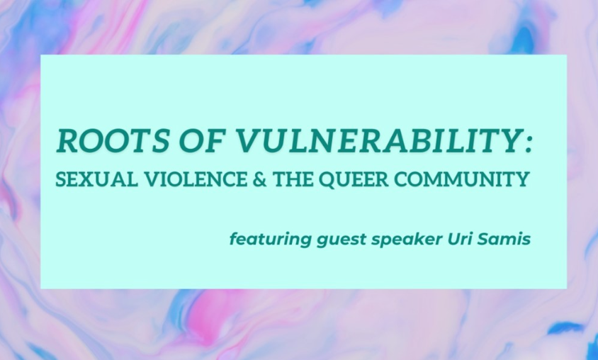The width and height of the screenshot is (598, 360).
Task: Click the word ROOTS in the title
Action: (113, 140)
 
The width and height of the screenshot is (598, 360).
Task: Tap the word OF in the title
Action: (201, 140)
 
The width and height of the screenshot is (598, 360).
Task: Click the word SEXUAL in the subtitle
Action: (97, 179)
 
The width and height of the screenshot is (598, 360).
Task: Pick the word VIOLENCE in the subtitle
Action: (196, 179)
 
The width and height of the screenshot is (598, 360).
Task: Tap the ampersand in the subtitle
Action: (260, 179)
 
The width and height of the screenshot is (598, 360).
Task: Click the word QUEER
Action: (354, 179)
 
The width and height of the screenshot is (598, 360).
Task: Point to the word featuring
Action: (271, 240)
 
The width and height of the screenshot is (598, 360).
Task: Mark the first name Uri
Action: (460, 239)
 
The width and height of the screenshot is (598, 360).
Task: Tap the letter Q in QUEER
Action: (327, 180)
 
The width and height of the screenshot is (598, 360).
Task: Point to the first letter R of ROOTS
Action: (68, 141)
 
